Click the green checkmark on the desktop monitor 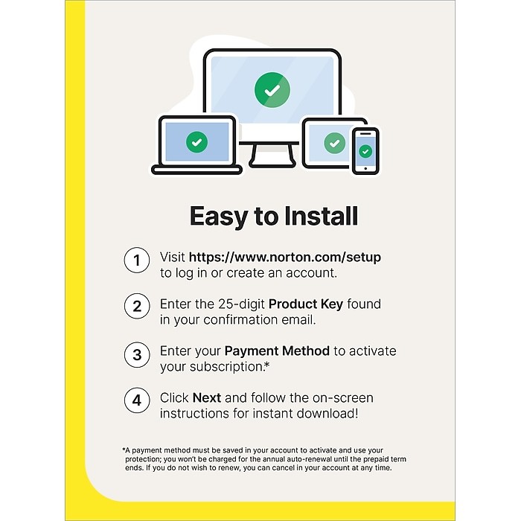272,89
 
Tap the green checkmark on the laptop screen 196,141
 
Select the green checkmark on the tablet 335,142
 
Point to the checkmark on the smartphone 365,150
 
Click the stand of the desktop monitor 263,153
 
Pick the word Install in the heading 322,217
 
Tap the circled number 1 137,261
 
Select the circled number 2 137,307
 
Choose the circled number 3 137,354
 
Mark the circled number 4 137,401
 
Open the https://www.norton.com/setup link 284,258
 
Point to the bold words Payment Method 277,351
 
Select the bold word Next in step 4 207,397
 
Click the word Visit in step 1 173,258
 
